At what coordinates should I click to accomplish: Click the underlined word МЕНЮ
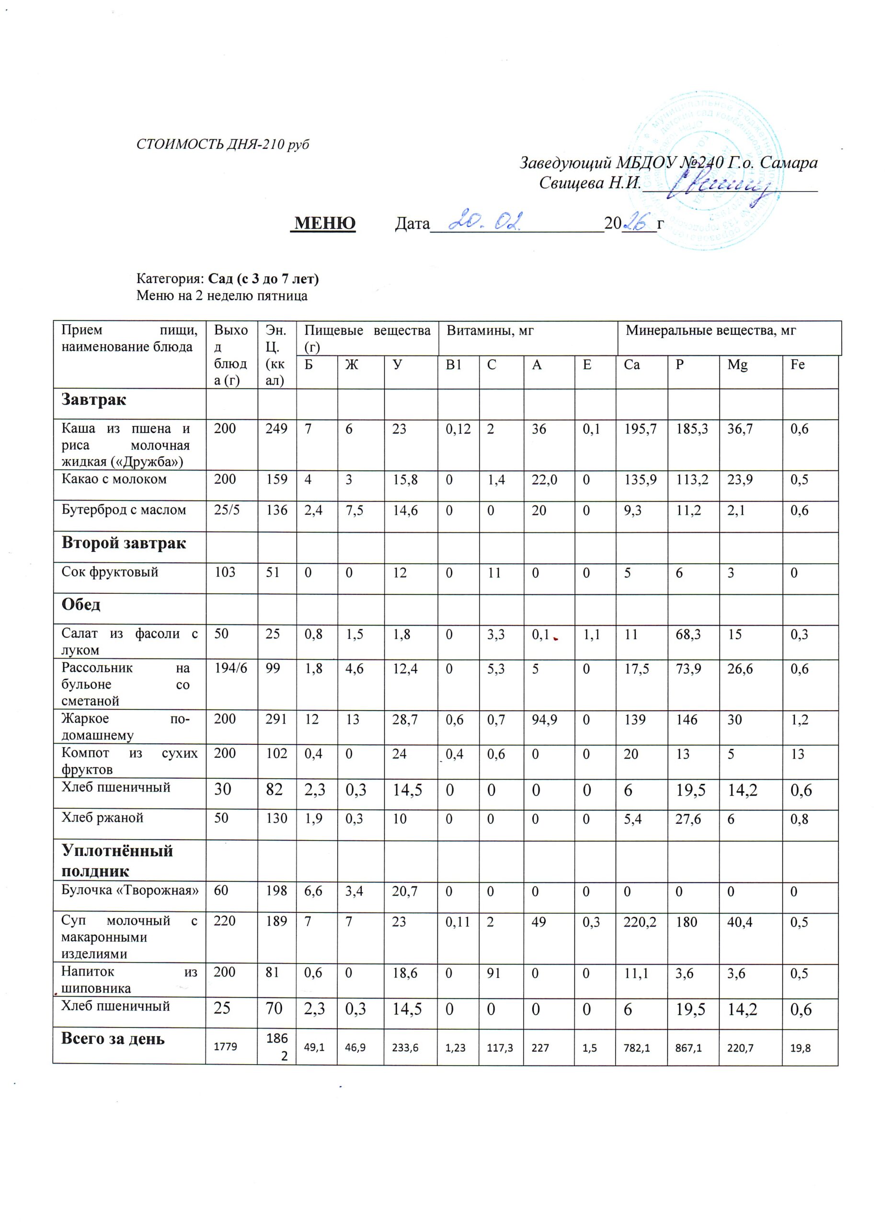(x=323, y=223)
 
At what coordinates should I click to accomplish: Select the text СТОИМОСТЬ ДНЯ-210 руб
(x=223, y=145)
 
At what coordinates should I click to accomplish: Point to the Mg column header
(x=737, y=365)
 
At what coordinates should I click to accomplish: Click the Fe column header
(x=798, y=365)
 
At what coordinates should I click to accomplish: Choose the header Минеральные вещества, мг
(x=710, y=330)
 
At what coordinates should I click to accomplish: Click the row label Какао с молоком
(x=114, y=479)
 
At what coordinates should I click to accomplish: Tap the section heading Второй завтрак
(x=124, y=543)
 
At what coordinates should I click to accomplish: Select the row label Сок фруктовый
(x=110, y=572)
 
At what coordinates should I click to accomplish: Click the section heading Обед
(x=81, y=604)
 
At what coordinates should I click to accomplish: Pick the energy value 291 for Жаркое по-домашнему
(x=276, y=719)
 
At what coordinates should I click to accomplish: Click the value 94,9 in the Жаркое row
(x=545, y=719)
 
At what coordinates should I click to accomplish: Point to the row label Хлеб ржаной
(x=102, y=817)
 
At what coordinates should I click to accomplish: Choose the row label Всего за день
(x=113, y=1039)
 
